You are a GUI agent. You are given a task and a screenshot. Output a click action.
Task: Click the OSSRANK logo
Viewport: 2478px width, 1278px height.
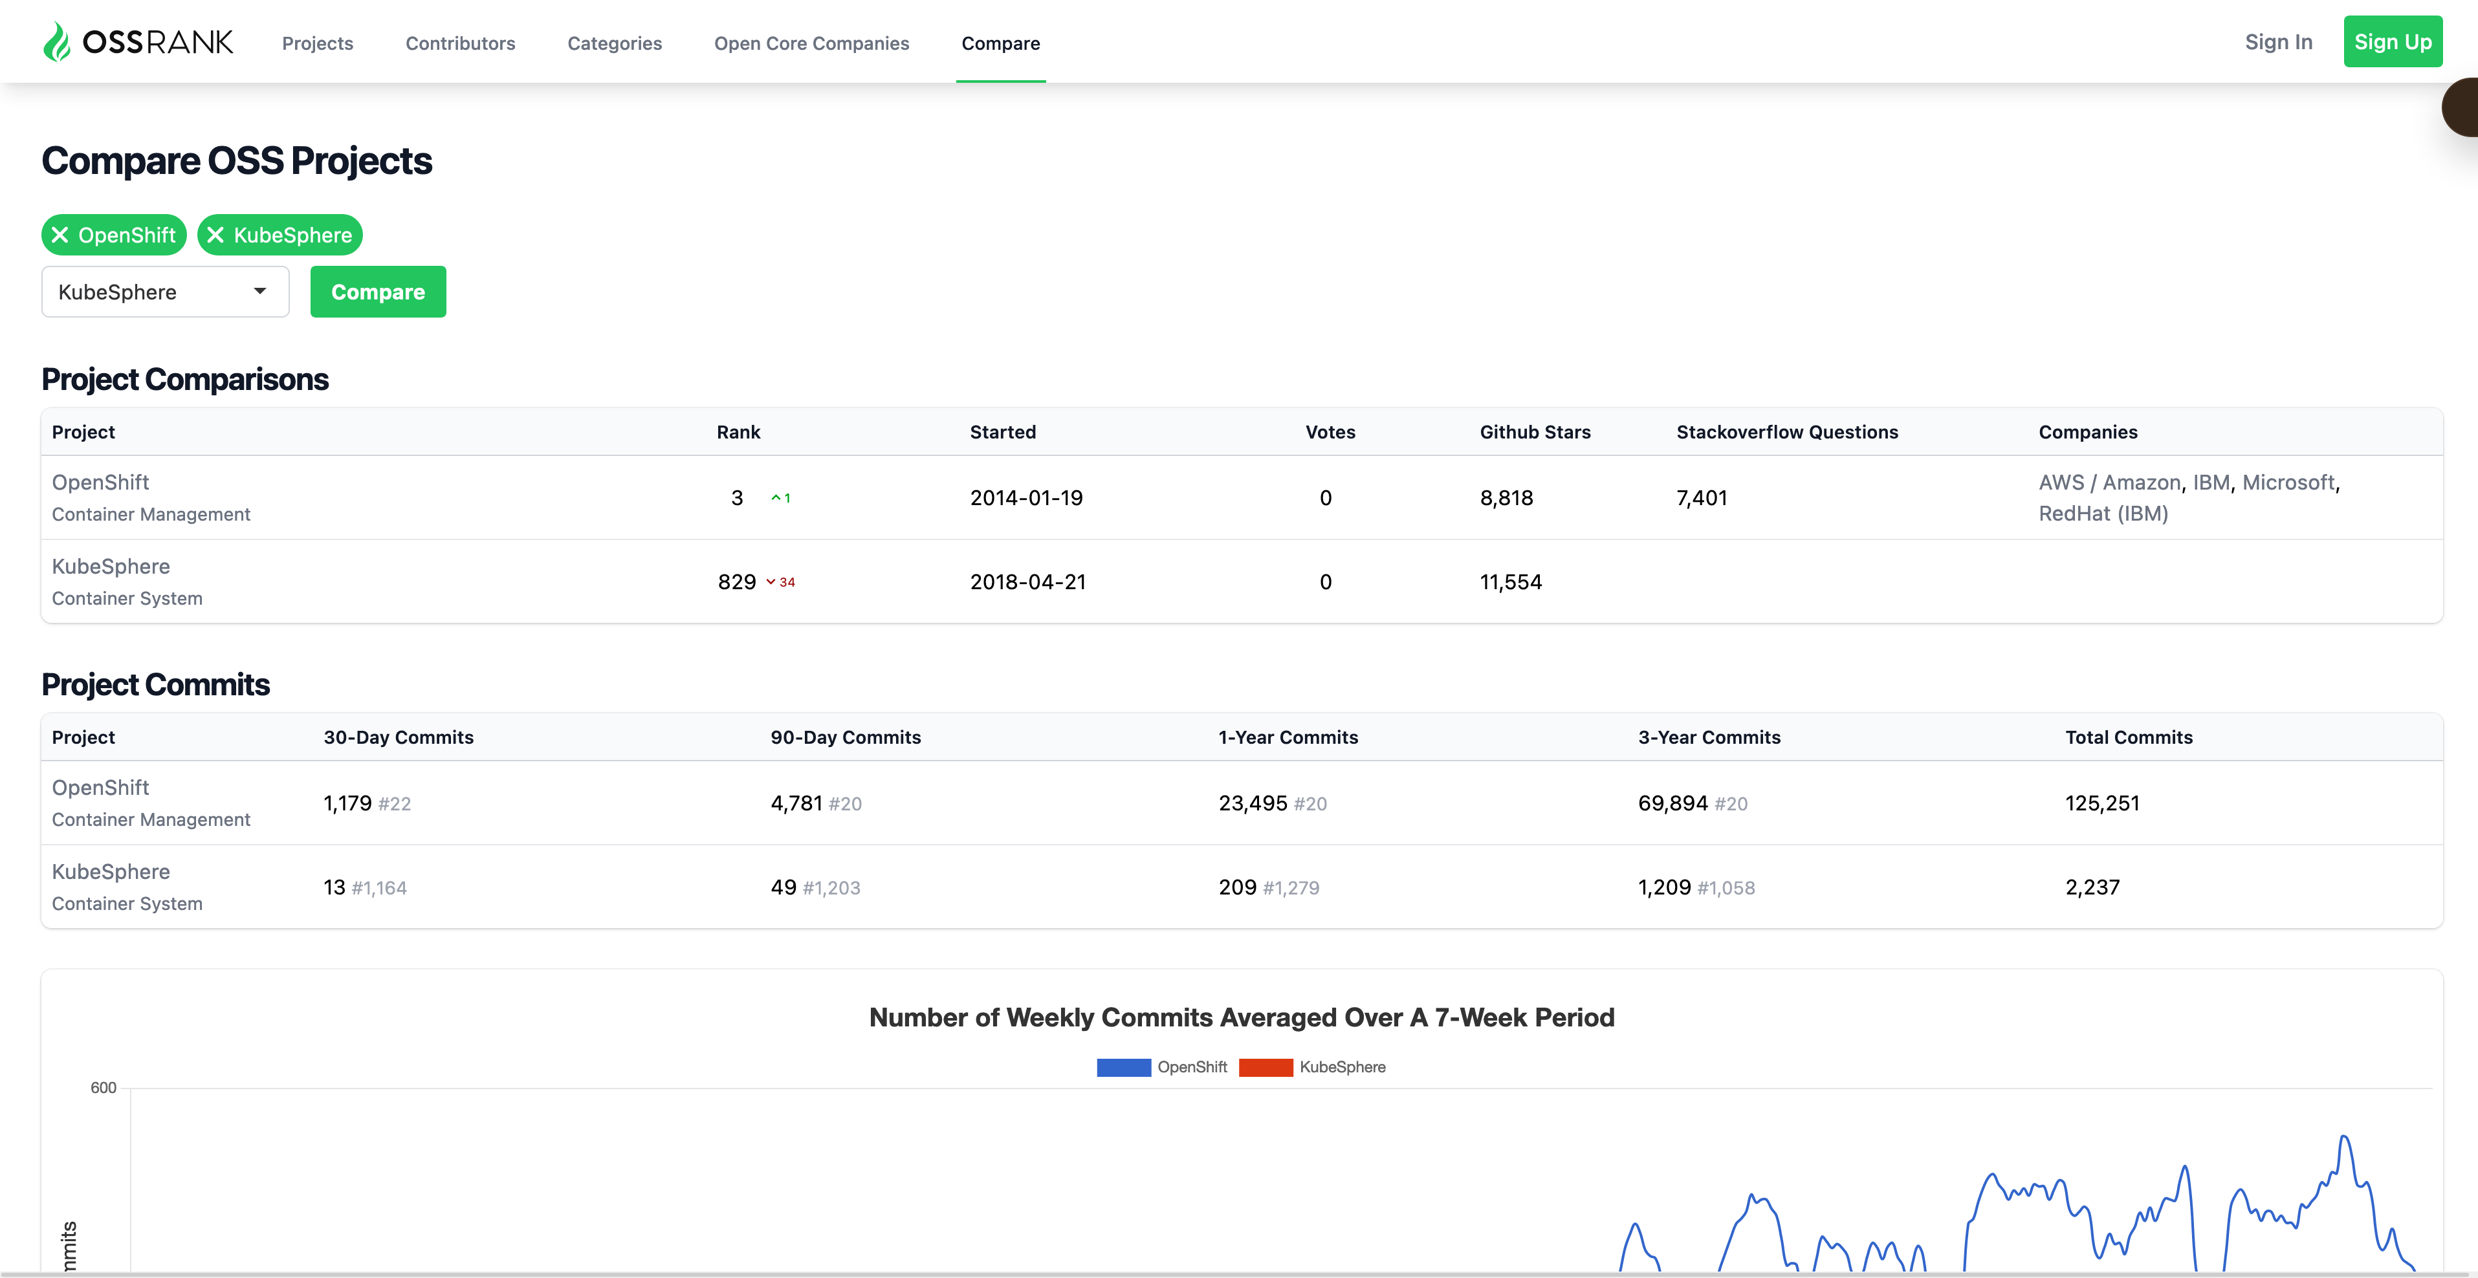pos(138,42)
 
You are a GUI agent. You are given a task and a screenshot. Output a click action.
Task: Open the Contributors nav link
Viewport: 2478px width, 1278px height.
pos(460,43)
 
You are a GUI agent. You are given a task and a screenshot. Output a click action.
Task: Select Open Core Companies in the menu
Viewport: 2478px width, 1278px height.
pos(811,43)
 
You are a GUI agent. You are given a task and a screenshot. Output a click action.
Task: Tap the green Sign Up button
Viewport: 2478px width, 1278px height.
pos(2393,41)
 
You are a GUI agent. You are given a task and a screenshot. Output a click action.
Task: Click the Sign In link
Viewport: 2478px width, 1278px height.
pos(2278,42)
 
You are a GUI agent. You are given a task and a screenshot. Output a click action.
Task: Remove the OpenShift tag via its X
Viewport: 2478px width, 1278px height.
pos(60,235)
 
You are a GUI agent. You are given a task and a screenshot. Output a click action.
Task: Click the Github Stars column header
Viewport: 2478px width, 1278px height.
pos(1534,432)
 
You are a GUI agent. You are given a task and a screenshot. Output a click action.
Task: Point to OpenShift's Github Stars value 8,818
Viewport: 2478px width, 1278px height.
pos(1506,498)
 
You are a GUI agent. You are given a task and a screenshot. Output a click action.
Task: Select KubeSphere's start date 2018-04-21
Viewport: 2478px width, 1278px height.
pos(1027,582)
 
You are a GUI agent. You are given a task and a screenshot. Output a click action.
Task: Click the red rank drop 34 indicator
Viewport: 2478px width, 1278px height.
pos(780,582)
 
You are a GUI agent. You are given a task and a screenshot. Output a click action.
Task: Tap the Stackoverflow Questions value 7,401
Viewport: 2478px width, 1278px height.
pos(1702,498)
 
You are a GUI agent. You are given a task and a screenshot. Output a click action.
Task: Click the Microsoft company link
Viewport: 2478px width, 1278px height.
pos(2288,482)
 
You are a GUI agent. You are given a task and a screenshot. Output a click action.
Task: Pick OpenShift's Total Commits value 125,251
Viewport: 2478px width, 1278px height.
pos(2102,803)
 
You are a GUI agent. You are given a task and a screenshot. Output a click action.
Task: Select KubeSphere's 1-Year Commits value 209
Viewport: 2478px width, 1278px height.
pos(1237,887)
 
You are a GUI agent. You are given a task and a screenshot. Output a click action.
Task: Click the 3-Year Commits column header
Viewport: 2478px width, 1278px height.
pos(1709,737)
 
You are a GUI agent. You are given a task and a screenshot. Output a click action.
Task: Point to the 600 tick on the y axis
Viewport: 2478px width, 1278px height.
pos(103,1088)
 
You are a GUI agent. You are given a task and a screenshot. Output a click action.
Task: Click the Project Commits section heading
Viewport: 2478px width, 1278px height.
pos(156,685)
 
